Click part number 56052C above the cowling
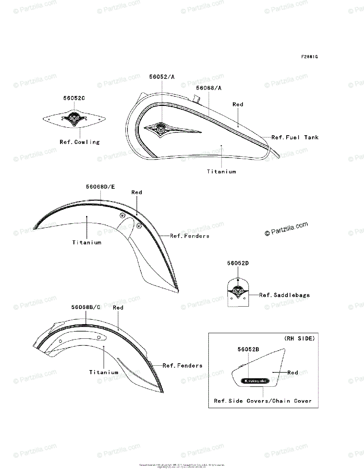point(74,98)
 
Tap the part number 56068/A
point(209,88)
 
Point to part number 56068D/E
point(100,186)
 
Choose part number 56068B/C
point(86,307)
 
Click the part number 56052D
point(238,263)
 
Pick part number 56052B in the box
point(248,349)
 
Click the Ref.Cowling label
point(80,142)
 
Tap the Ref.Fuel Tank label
point(295,137)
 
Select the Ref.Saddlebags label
point(285,295)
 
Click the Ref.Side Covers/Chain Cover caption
point(263,401)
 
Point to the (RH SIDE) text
point(299,338)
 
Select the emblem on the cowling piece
point(74,117)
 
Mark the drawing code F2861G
point(309,57)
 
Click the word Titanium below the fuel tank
point(221,172)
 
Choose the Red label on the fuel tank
point(238,104)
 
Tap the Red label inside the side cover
point(293,372)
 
